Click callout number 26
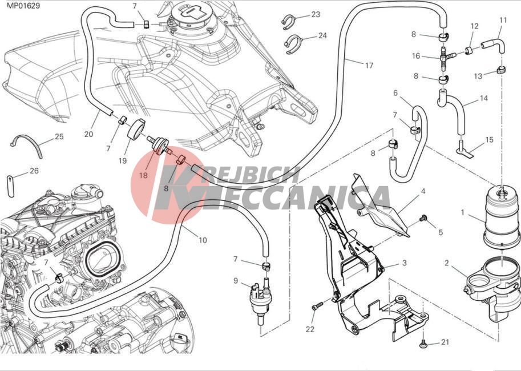coord(34,171)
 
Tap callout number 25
coord(59,137)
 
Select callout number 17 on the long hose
coord(369,66)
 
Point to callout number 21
coord(445,342)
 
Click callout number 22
coord(310,329)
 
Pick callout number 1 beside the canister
coord(463,212)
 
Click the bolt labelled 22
coord(314,308)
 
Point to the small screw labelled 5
coord(423,218)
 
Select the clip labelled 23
coord(289,22)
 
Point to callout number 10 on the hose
coord(203,240)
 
